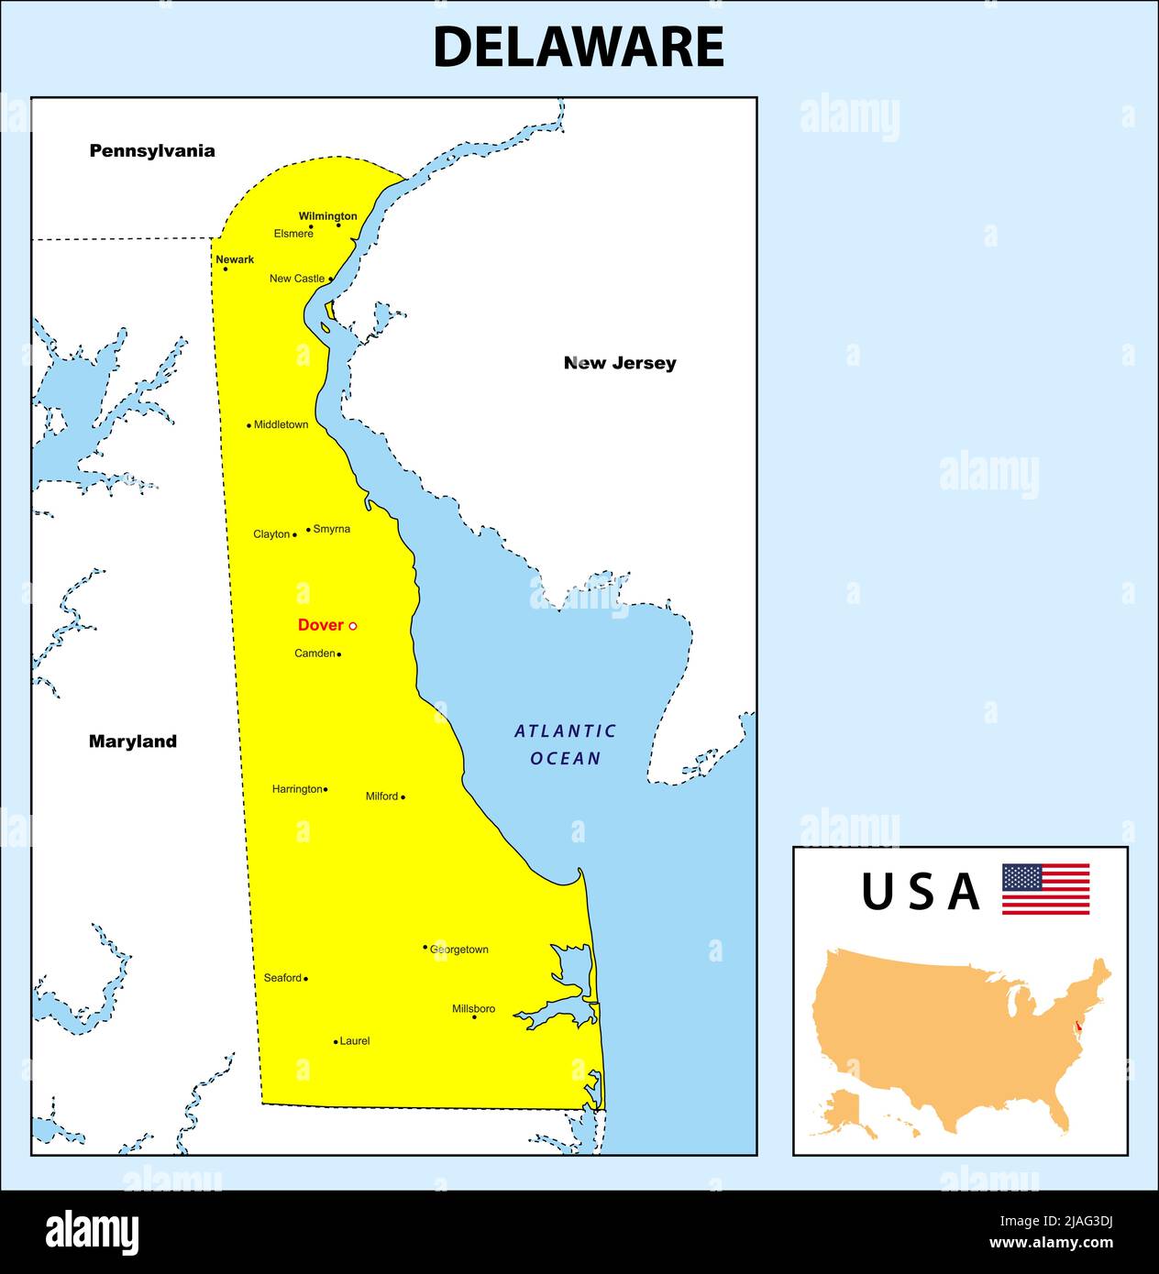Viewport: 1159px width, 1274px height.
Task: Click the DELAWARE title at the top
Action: [578, 48]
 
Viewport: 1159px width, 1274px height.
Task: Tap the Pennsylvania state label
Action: [152, 151]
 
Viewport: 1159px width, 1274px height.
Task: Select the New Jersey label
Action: [620, 363]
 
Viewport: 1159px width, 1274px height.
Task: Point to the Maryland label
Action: [133, 741]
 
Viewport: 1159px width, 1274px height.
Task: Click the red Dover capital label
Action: [320, 625]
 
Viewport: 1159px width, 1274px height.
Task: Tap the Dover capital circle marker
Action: [353, 626]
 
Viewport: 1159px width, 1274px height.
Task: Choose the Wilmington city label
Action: [327, 216]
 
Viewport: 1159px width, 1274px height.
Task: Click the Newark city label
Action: [235, 259]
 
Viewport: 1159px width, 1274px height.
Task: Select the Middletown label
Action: [281, 424]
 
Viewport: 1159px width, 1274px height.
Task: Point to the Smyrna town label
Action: [331, 529]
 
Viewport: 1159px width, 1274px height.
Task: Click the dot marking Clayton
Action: [294, 534]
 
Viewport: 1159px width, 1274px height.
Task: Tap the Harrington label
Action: [297, 788]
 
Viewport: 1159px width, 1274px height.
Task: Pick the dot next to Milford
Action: [403, 797]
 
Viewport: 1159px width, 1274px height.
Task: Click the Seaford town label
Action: [282, 978]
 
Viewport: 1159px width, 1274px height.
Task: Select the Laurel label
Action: [355, 1041]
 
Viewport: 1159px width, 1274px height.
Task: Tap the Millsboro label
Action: [473, 1008]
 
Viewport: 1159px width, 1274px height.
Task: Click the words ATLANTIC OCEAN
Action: [566, 744]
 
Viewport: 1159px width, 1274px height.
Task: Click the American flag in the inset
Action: [1045, 889]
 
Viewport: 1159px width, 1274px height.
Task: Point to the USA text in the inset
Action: [920, 892]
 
